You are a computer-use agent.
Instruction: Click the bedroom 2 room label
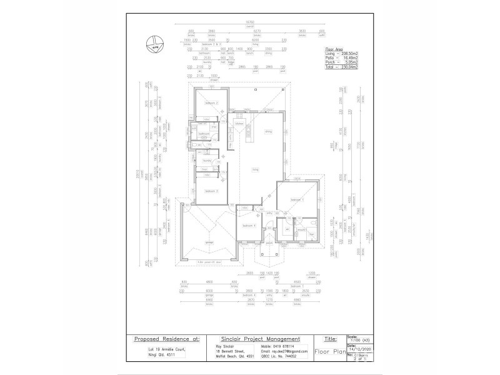[212, 102]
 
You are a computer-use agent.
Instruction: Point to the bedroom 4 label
[248, 225]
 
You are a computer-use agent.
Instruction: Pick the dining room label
[268, 132]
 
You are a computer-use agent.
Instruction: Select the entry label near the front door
[270, 213]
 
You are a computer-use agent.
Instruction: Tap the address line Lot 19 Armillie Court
[163, 349]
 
